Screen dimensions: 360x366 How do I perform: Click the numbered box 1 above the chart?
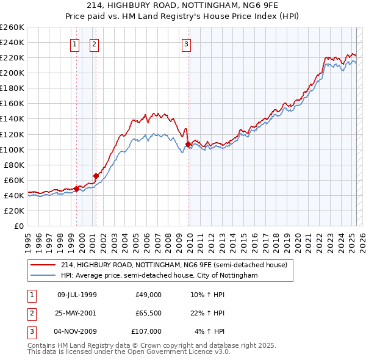pyautogui.click(x=74, y=43)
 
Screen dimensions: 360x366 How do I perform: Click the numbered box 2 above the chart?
pyautogui.click(x=95, y=43)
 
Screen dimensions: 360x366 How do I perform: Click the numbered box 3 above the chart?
pyautogui.click(x=185, y=43)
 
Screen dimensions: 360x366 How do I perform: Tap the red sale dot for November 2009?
pyautogui.click(x=188, y=144)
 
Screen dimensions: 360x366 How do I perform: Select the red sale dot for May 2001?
pyautogui.click(x=96, y=176)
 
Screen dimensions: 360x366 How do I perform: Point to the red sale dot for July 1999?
pyautogui.click(x=76, y=189)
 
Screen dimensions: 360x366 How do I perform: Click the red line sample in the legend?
pyautogui.click(x=43, y=264)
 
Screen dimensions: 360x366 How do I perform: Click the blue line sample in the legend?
pyautogui.click(x=43, y=275)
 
